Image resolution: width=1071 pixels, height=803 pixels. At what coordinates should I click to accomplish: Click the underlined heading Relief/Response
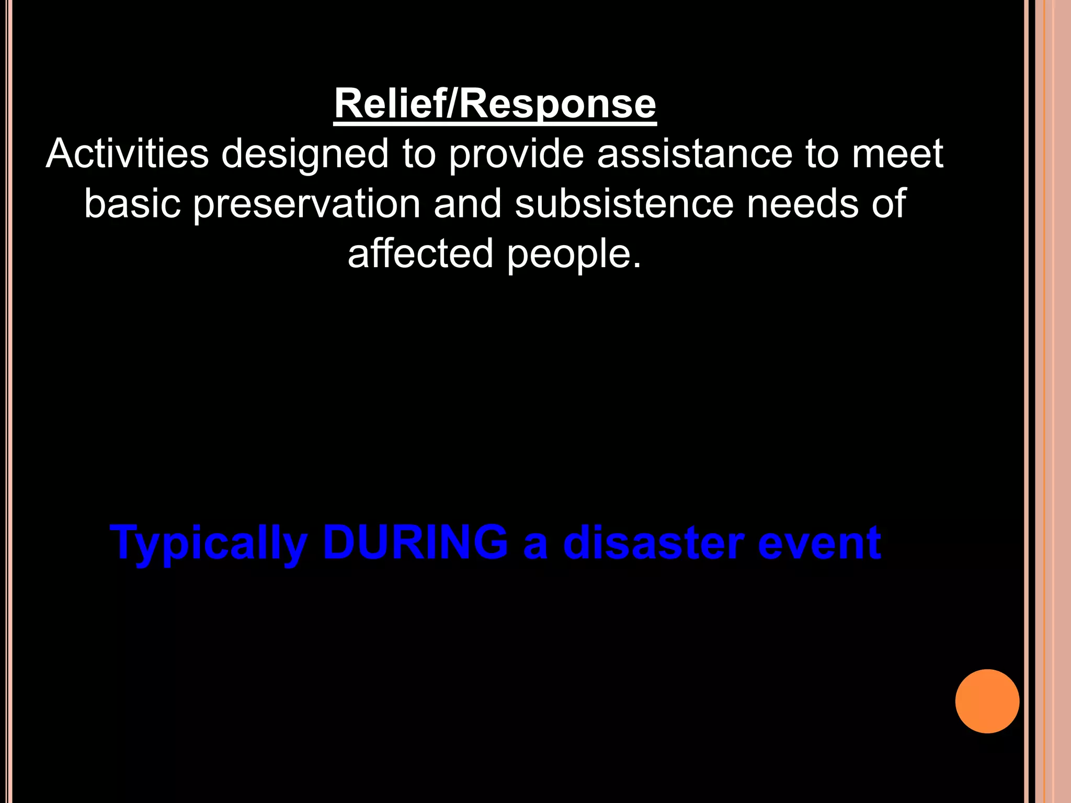tap(495, 105)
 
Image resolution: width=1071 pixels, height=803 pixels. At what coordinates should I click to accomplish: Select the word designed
tap(305, 155)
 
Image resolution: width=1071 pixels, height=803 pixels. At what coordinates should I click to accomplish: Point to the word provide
tap(516, 155)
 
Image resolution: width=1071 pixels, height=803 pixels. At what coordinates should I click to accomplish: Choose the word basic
tap(132, 203)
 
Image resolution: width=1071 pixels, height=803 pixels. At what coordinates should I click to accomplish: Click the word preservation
tap(307, 204)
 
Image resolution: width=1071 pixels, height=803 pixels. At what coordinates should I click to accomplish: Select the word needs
tap(802, 203)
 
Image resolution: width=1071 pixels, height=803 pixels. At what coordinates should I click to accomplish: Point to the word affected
tap(420, 253)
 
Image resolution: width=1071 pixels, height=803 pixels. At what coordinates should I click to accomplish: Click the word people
tap(573, 254)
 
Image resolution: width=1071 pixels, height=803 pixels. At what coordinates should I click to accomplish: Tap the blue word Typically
tap(209, 544)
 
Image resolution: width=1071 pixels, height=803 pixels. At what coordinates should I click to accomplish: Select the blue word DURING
tap(415, 543)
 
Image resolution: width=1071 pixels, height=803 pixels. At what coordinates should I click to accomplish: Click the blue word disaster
tap(653, 543)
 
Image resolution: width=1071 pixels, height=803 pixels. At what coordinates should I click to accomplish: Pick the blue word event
tap(819, 543)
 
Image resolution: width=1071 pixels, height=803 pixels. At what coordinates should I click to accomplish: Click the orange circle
tap(987, 701)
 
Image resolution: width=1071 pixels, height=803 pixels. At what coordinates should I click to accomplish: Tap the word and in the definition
tap(468, 203)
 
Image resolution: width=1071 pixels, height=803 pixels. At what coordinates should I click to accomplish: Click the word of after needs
tap(888, 203)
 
